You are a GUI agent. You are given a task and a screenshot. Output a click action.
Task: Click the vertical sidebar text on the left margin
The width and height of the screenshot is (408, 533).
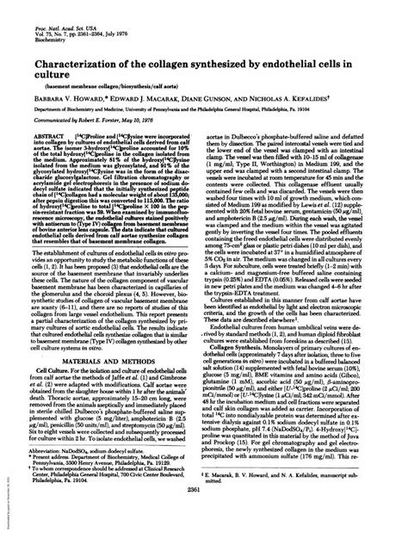5,499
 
